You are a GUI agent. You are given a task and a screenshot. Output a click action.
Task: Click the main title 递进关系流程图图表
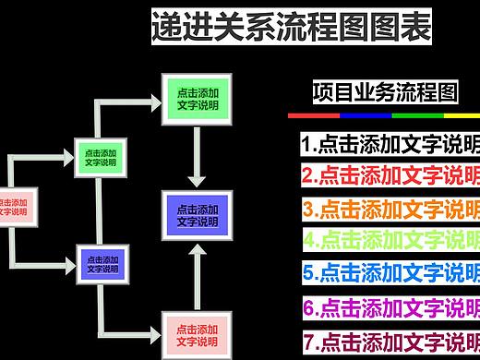pyautogui.click(x=291, y=29)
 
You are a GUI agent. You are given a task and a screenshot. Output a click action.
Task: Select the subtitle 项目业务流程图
pyautogui.click(x=385, y=91)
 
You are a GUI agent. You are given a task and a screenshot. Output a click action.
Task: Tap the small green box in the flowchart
pyautogui.click(x=101, y=157)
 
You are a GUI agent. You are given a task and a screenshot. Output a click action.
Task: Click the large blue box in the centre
pyautogui.click(x=197, y=215)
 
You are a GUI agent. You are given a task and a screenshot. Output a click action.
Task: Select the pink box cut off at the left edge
pyautogui.click(x=16, y=206)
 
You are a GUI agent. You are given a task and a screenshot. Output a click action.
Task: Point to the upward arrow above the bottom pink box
pyautogui.click(x=197, y=275)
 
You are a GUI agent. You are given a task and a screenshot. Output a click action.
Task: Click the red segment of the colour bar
pyautogui.click(x=314, y=116)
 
